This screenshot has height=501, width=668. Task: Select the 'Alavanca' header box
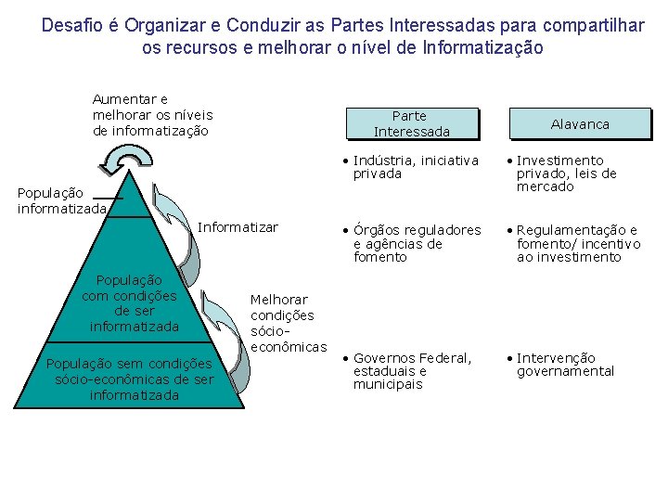point(580,123)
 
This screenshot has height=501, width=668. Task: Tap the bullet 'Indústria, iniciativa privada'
point(416,167)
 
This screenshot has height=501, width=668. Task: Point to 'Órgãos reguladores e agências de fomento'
point(417,243)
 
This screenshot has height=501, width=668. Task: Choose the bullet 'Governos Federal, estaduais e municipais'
point(412,371)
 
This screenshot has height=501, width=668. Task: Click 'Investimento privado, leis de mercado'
point(566,173)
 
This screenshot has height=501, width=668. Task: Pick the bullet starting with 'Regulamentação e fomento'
point(578,243)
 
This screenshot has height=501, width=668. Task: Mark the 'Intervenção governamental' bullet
point(565,365)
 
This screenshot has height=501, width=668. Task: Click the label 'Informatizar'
point(238,227)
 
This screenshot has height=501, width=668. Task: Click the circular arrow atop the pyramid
point(122,160)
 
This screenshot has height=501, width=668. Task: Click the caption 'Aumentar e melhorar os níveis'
point(152,115)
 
